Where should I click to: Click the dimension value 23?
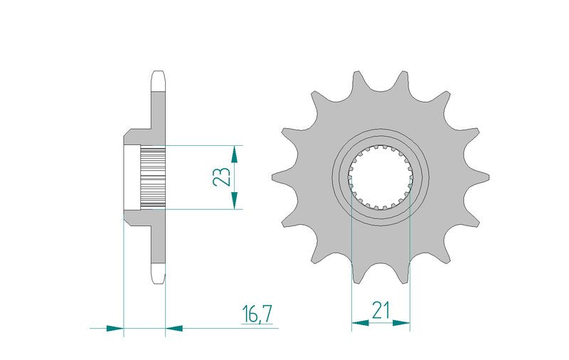click(222, 176)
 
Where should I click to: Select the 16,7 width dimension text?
click(257, 314)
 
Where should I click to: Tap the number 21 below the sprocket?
click(381, 310)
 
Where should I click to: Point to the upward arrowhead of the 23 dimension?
click(235, 154)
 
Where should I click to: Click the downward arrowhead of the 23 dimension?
click(235, 201)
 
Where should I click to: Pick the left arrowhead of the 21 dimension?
click(360, 322)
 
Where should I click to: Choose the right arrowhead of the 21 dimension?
click(401, 322)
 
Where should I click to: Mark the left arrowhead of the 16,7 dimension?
click(115, 329)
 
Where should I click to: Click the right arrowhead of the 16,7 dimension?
click(174, 329)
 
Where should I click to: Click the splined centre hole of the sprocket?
click(381, 177)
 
